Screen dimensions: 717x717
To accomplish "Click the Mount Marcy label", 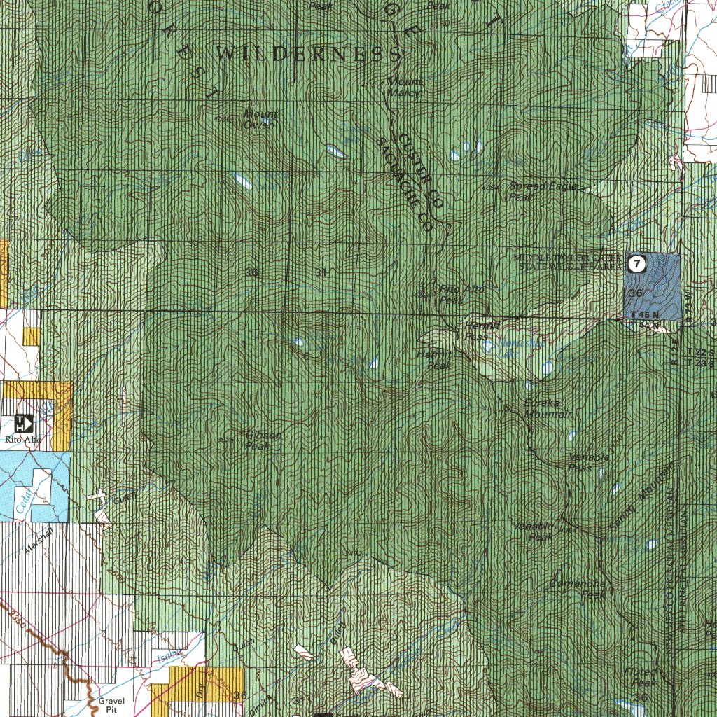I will (404, 88).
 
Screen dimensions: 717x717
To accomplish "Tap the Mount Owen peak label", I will (260, 120).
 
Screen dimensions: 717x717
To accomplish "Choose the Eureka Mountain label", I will (548, 409).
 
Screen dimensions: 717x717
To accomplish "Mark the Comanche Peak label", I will (578, 589).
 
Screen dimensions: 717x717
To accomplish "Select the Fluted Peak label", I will (639, 677).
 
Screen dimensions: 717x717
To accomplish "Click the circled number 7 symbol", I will (636, 264).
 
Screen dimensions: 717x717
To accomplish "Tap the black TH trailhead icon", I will (24, 423).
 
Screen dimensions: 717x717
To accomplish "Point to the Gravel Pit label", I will (110, 704).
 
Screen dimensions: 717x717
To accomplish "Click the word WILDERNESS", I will (308, 54).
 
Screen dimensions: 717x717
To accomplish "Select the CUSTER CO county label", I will (421, 172).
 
